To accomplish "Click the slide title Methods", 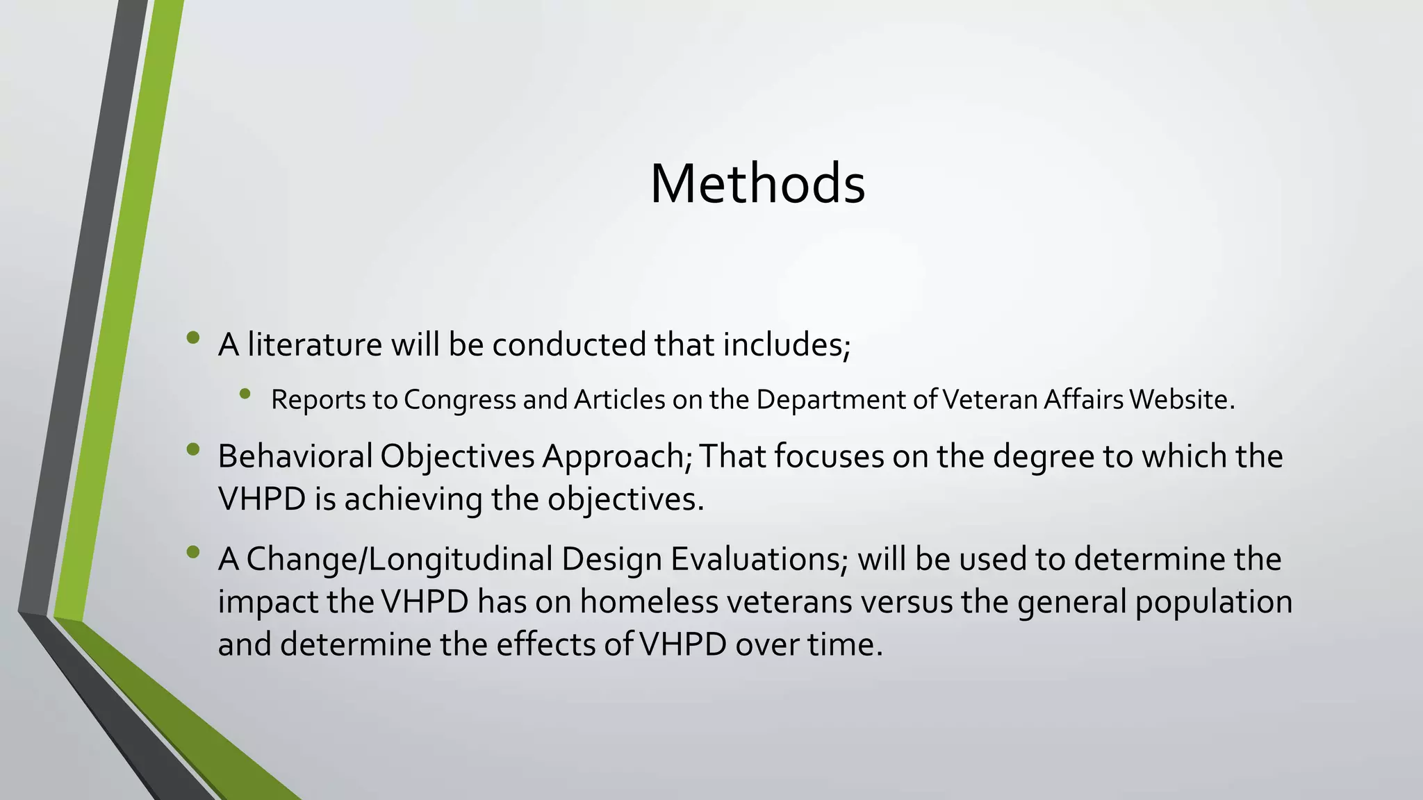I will (757, 183).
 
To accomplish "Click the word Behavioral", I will (295, 457).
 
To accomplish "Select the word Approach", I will (614, 457).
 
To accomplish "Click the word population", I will (1213, 602).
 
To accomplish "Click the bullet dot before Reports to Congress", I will (244, 394).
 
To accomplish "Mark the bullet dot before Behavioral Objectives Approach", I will (193, 449).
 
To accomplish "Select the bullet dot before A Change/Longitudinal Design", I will (193, 552).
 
